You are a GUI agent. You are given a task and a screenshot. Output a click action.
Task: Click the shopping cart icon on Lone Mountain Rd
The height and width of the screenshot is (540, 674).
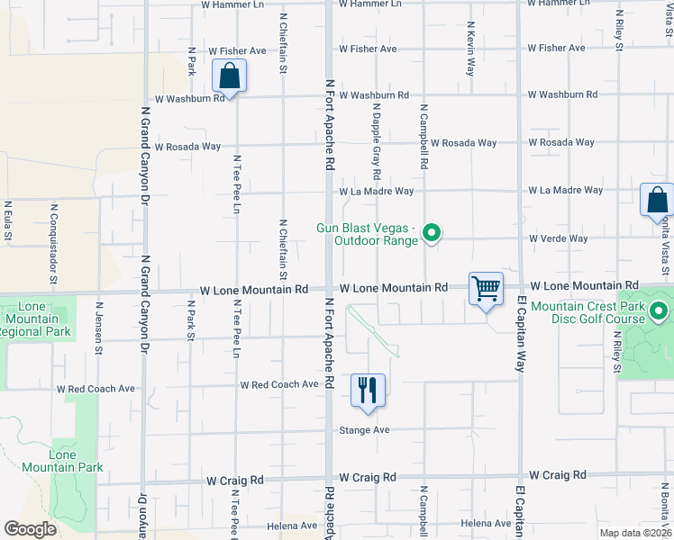(486, 289)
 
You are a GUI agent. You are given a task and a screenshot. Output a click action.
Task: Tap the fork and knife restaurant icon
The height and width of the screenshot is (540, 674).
(368, 390)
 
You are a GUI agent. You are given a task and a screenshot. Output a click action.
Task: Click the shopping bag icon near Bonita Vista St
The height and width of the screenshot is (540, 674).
(657, 200)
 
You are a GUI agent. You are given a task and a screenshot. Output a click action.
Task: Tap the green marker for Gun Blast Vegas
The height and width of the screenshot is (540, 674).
(432, 233)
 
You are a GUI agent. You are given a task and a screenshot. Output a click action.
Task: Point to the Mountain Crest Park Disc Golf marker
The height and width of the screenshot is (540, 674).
(659, 312)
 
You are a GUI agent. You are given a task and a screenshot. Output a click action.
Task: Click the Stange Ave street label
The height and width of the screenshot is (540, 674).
(364, 430)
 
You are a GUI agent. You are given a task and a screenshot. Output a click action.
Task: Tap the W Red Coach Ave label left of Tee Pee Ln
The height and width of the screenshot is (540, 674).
(96, 390)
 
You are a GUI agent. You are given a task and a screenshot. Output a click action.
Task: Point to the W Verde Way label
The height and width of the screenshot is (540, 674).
(559, 238)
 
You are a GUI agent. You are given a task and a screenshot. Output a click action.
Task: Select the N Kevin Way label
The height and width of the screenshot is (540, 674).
(470, 49)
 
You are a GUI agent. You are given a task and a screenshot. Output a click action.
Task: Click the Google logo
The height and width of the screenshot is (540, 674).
(31, 528)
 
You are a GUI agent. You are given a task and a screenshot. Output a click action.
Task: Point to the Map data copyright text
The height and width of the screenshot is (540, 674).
(634, 533)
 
